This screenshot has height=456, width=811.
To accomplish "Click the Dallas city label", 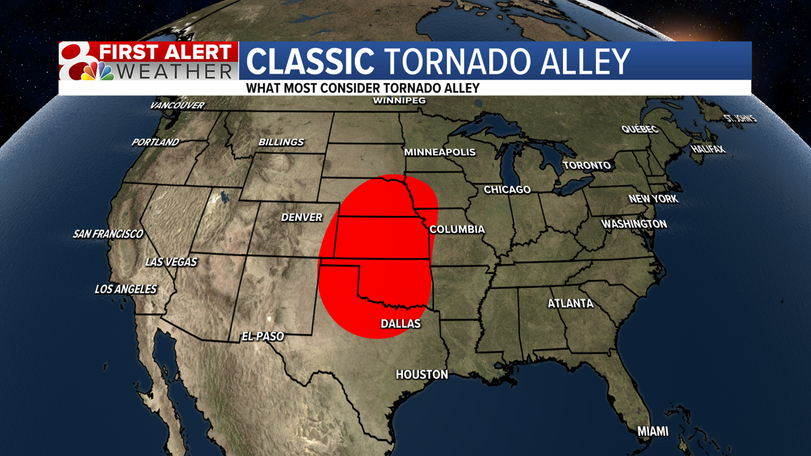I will pos(401,324).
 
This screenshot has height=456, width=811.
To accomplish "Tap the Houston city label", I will pos(422,374).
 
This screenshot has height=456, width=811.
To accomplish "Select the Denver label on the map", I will pos(302,218).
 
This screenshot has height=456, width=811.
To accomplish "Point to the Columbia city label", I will pos(457,230).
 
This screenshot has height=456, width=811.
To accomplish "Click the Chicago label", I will pos(507,190).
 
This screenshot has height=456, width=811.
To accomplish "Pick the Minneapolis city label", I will pos(440,153).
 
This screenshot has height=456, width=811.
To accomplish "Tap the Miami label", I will pos(653,431).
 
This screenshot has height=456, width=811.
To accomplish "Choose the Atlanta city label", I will pos(570,304).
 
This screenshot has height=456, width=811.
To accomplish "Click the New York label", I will pos(653,199).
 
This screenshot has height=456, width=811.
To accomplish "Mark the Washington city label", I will pos(634,224).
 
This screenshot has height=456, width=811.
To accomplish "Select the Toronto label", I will pos(587,166).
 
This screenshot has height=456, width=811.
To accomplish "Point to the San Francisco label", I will pos(108,234).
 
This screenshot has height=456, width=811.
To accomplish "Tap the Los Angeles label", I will pos(126,289).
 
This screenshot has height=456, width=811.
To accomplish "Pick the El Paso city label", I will pos(263,336).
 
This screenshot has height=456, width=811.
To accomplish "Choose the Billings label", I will pos(281,143).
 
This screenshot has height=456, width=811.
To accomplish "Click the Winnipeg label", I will pos(399,101).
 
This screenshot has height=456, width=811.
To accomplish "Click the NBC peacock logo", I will pos(97,71).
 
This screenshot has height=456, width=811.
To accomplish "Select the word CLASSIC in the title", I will pos(310,61).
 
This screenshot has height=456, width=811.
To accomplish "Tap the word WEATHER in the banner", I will pos(175,71).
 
